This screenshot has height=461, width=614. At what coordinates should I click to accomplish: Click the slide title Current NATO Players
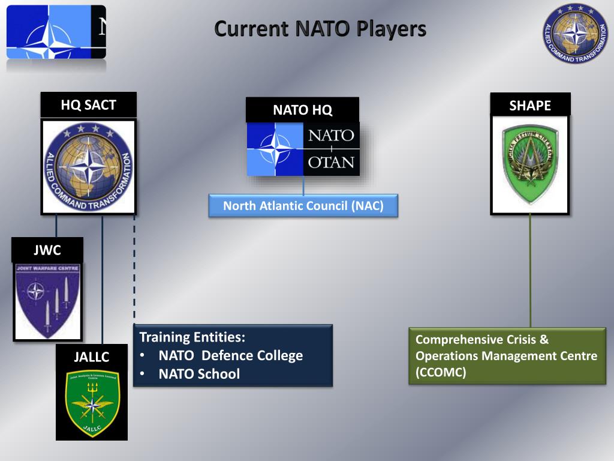pos(320,29)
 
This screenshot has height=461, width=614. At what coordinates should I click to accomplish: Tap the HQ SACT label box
pos(88,106)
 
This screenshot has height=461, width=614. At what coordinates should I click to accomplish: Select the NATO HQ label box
pos(302,110)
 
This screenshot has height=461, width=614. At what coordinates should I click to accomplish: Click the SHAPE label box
pos(530,106)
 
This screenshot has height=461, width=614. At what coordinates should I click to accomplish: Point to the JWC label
pos(47,250)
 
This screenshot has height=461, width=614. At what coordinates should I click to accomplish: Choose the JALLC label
pos(92,357)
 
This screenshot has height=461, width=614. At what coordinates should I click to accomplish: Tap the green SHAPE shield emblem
pos(530,164)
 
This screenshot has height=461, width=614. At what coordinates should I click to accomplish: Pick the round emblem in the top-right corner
pos(576,32)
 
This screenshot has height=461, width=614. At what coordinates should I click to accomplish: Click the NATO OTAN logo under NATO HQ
pos(303,149)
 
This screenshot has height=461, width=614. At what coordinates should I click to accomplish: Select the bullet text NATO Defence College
pos(230,355)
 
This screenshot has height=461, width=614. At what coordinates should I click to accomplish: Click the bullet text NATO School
pos(198,374)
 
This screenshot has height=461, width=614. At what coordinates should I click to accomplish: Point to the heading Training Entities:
pos(192,337)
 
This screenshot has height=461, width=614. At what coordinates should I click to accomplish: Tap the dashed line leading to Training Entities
pos(134,270)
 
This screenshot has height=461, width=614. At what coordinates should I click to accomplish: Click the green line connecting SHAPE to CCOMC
pos(530,270)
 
